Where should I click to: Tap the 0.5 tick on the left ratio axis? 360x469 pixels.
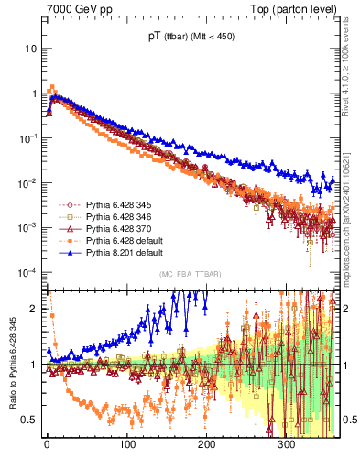29,420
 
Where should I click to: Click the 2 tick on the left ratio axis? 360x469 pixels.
34,309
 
